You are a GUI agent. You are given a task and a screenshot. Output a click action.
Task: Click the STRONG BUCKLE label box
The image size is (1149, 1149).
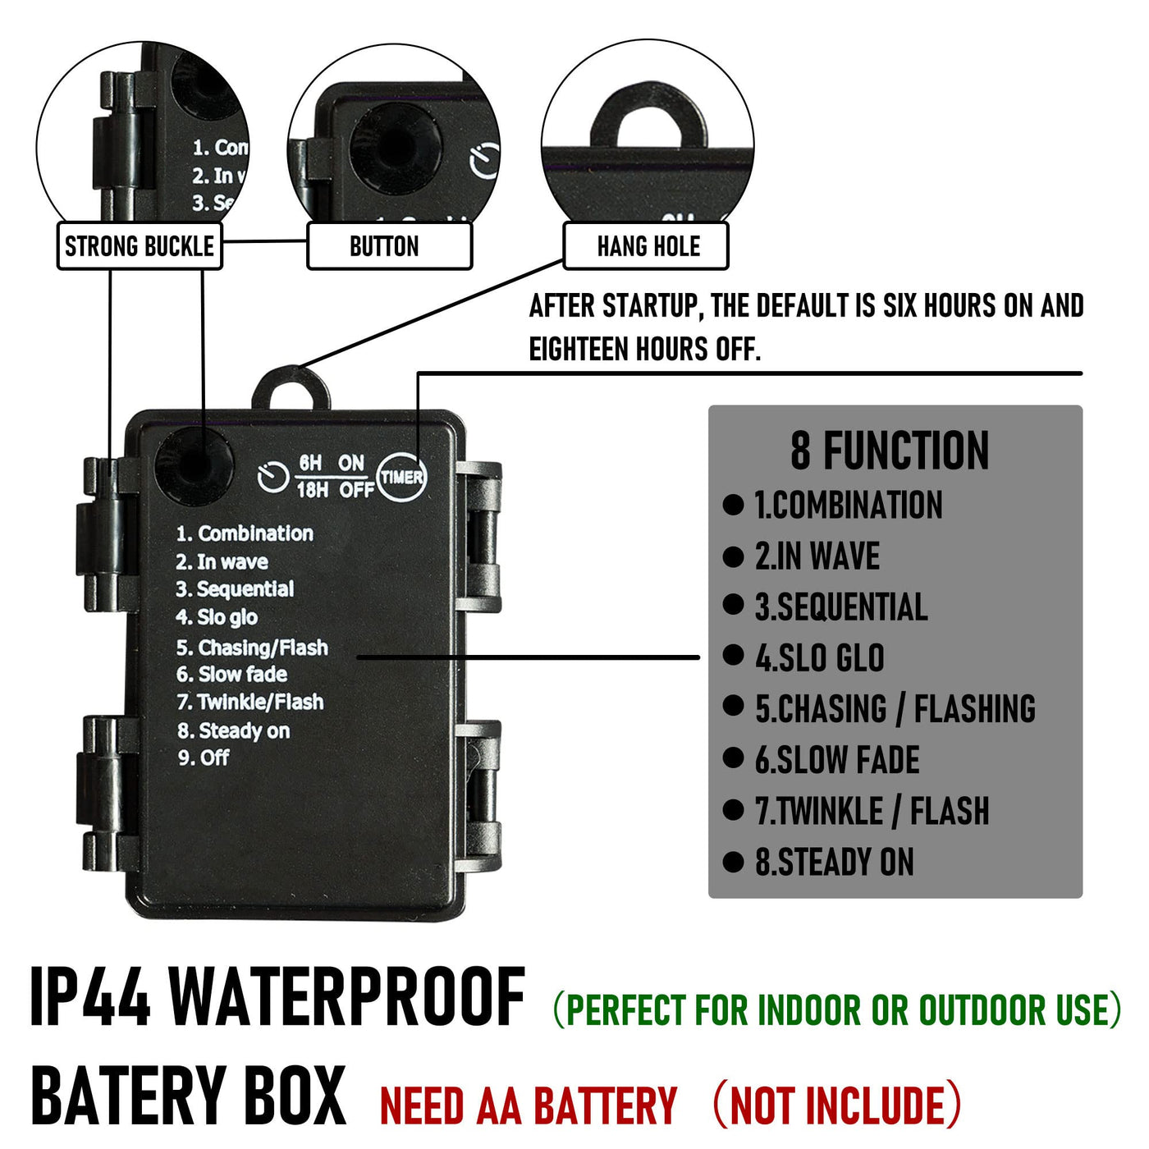coord(140,245)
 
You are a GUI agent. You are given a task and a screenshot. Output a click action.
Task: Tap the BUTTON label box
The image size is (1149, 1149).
coord(390,245)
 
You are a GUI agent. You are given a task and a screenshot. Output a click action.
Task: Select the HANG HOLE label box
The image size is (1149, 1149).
coord(646,245)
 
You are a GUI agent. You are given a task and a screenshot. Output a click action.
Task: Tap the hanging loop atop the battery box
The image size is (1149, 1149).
coord(291,388)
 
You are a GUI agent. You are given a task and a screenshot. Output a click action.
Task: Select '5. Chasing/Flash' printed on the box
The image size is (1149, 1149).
coord(252,647)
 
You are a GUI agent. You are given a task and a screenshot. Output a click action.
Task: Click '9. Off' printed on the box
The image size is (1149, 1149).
coord(204,758)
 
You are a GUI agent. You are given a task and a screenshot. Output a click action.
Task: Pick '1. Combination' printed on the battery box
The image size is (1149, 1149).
coord(245,533)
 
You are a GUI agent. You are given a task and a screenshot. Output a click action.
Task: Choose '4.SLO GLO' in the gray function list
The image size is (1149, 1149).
coord(819,657)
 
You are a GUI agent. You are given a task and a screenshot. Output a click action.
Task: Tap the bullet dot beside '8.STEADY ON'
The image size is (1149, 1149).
coord(733,862)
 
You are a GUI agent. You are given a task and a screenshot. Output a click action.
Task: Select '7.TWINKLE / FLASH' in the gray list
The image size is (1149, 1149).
coord(872,811)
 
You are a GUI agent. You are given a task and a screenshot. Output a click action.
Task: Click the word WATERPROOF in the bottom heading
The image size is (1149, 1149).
coord(347,996)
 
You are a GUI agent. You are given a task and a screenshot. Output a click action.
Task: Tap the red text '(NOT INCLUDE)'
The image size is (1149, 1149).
coord(837,1105)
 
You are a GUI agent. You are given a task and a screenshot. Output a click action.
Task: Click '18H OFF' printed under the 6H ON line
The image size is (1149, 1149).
coord(336,490)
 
